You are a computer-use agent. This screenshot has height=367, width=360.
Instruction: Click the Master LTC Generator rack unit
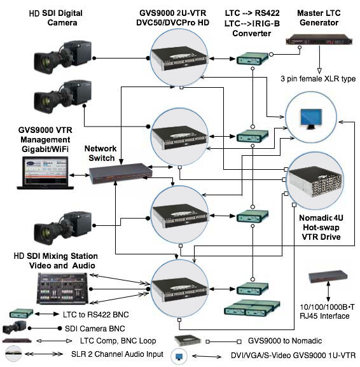coord(319,40)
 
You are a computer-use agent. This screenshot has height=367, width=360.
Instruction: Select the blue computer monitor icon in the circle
coord(311,119)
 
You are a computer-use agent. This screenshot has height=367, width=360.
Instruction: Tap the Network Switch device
coord(121,174)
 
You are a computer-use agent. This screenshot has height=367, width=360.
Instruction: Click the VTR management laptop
coord(45,173)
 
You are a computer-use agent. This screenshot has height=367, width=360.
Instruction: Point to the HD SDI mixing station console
coord(63,289)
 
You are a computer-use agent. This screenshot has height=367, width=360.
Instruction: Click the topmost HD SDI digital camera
coord(62,57)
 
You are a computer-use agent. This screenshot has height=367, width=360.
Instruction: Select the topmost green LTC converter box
coord(252,59)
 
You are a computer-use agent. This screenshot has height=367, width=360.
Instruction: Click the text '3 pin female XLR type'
coord(318,79)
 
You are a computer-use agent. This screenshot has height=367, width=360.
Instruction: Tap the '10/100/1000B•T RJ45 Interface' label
coord(327,311)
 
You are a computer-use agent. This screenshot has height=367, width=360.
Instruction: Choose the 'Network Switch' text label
coord(100,153)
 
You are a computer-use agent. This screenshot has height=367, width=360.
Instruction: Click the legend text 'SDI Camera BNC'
coord(95,329)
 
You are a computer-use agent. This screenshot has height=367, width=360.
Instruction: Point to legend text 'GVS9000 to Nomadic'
coord(285,341)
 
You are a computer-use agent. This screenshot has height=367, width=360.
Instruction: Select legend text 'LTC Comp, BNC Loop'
coord(118,341)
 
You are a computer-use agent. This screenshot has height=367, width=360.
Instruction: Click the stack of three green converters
coord(252,308)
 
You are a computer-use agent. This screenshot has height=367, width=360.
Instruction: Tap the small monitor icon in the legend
coord(179,356)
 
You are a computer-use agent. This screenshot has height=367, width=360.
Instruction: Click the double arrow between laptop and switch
coord(80,175)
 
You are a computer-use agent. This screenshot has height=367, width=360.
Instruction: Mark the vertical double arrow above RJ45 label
coord(328,291)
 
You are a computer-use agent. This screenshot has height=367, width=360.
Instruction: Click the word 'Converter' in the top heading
coord(252,33)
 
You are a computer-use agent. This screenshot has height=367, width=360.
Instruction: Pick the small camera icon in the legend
coord(14,328)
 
